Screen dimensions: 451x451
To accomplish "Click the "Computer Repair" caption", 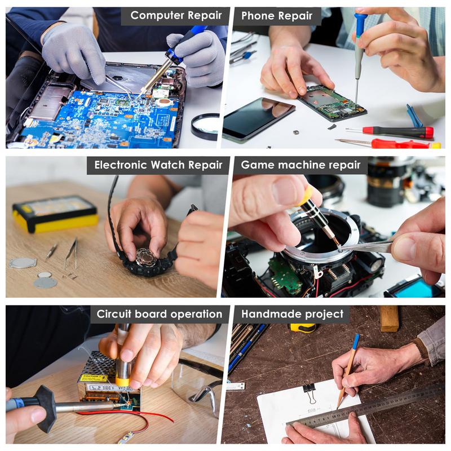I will click(x=175, y=16).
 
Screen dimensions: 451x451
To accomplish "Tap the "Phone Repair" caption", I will click(x=277, y=16).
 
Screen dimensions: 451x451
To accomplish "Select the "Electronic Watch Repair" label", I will click(x=158, y=165).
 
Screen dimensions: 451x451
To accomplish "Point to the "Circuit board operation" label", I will click(x=160, y=314).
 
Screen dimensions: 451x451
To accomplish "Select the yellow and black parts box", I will click(x=55, y=213).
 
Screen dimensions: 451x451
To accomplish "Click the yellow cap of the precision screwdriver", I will click(x=306, y=195).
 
